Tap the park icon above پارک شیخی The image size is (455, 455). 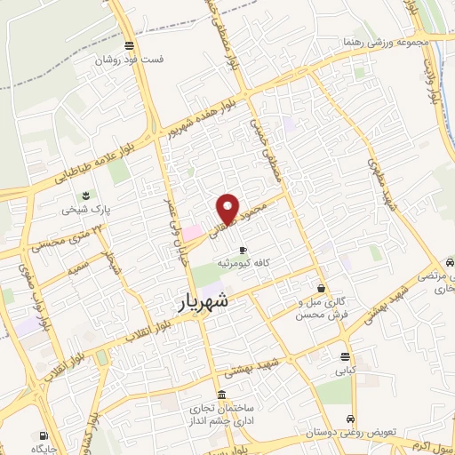(84, 196)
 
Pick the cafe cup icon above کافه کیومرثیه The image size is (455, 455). (243, 250)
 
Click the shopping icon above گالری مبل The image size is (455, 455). (321, 288)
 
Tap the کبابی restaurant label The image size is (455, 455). (344, 373)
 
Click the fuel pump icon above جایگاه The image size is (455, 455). (44, 435)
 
